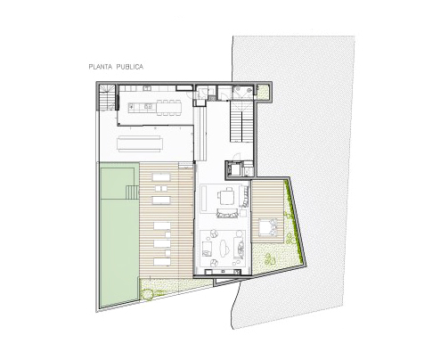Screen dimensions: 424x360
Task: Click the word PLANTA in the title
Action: click(100, 67)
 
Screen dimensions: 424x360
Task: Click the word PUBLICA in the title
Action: click(129, 67)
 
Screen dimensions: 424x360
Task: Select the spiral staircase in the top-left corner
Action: click(106, 97)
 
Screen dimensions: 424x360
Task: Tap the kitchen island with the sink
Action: click(141, 107)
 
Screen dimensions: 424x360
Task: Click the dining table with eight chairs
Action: click(169, 107)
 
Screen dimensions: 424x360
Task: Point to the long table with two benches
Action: click(140, 143)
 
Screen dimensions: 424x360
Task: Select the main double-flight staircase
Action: click(241, 121)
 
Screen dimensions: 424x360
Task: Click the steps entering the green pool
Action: click(133, 192)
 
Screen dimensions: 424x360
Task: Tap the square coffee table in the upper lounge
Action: click(227, 197)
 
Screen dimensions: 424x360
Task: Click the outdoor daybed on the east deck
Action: click(268, 227)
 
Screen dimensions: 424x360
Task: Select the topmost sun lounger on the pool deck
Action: click(161, 177)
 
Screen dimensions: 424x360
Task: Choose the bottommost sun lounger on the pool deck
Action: click(162, 262)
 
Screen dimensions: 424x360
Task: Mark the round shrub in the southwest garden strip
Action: click(147, 294)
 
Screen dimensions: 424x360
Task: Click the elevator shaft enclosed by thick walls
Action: click(236, 170)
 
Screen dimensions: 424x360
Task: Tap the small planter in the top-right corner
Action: click(263, 93)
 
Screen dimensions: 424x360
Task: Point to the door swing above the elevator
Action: click(237, 157)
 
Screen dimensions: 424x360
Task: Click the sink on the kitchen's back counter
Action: click(147, 88)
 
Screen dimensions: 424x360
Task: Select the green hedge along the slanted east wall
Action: click(296, 222)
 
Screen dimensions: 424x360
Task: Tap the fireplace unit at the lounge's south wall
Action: click(223, 271)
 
